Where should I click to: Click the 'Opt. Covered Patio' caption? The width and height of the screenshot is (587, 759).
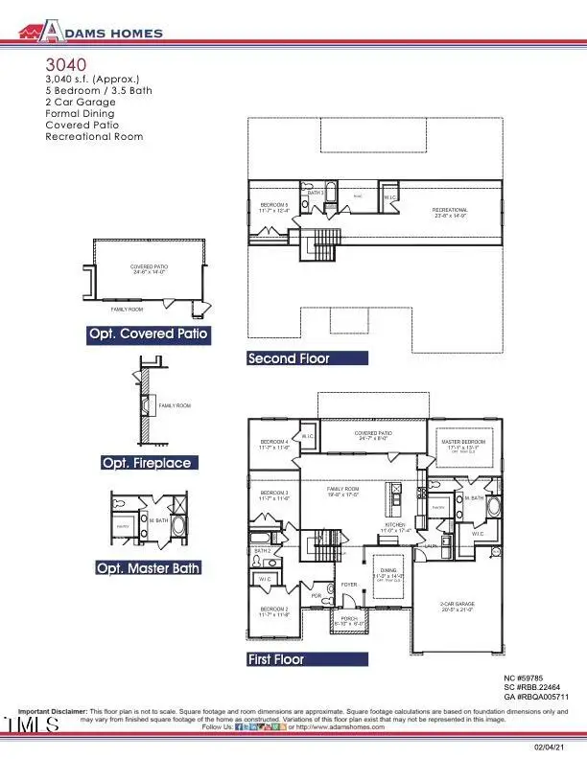pyautogui.click(x=146, y=334)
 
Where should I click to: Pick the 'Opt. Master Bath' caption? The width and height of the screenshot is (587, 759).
pyautogui.click(x=150, y=568)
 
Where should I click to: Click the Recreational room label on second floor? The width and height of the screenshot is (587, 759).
pyautogui.click(x=450, y=212)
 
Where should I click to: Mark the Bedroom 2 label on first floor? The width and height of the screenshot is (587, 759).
pyautogui.click(x=274, y=610)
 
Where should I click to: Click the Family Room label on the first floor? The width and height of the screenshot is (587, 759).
pyautogui.click(x=341, y=491)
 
